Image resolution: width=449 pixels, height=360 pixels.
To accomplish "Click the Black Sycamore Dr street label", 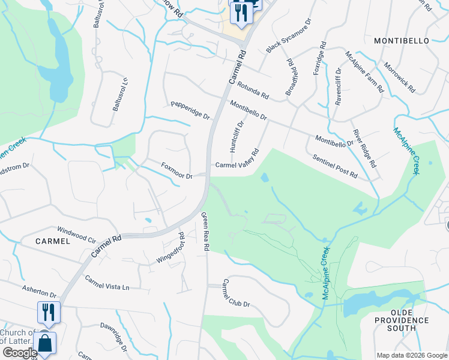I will point(289,35).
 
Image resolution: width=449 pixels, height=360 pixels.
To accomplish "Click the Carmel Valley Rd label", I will point(237,159).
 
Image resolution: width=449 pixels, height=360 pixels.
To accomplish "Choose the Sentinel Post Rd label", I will point(335,166).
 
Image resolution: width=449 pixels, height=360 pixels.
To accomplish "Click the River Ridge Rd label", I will point(364,148).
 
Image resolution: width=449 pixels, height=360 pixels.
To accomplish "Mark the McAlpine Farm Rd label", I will point(364,70).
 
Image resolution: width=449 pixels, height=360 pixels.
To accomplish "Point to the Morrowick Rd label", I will point(399,77).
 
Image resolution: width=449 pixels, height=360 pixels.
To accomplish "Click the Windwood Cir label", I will point(76,235).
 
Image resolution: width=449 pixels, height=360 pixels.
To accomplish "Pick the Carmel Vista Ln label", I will point(107,283).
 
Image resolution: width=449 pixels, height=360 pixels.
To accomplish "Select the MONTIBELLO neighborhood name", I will point(402,41).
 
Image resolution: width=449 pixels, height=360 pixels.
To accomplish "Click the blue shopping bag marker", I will point(45,344).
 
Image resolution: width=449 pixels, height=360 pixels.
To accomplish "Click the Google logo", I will point(20,353).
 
